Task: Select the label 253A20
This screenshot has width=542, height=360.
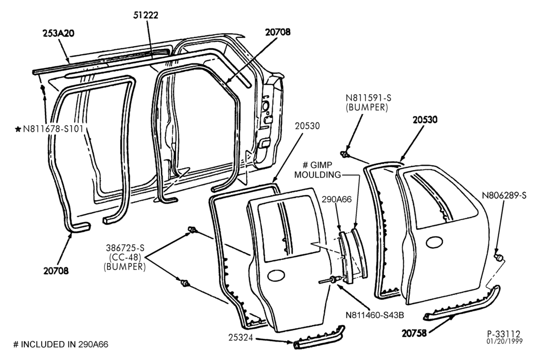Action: pos(59,33)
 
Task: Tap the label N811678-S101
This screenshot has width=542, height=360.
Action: pos(53,130)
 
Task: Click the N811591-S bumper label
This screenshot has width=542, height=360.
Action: pos(367,102)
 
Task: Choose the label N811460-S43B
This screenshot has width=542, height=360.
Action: pos(375,316)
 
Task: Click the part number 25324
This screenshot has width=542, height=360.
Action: pos(241,337)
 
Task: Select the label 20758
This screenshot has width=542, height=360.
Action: pos(414,333)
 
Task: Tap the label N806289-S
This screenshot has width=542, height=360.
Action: pos(504,196)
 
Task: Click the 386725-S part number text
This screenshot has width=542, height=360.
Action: pos(125,248)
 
